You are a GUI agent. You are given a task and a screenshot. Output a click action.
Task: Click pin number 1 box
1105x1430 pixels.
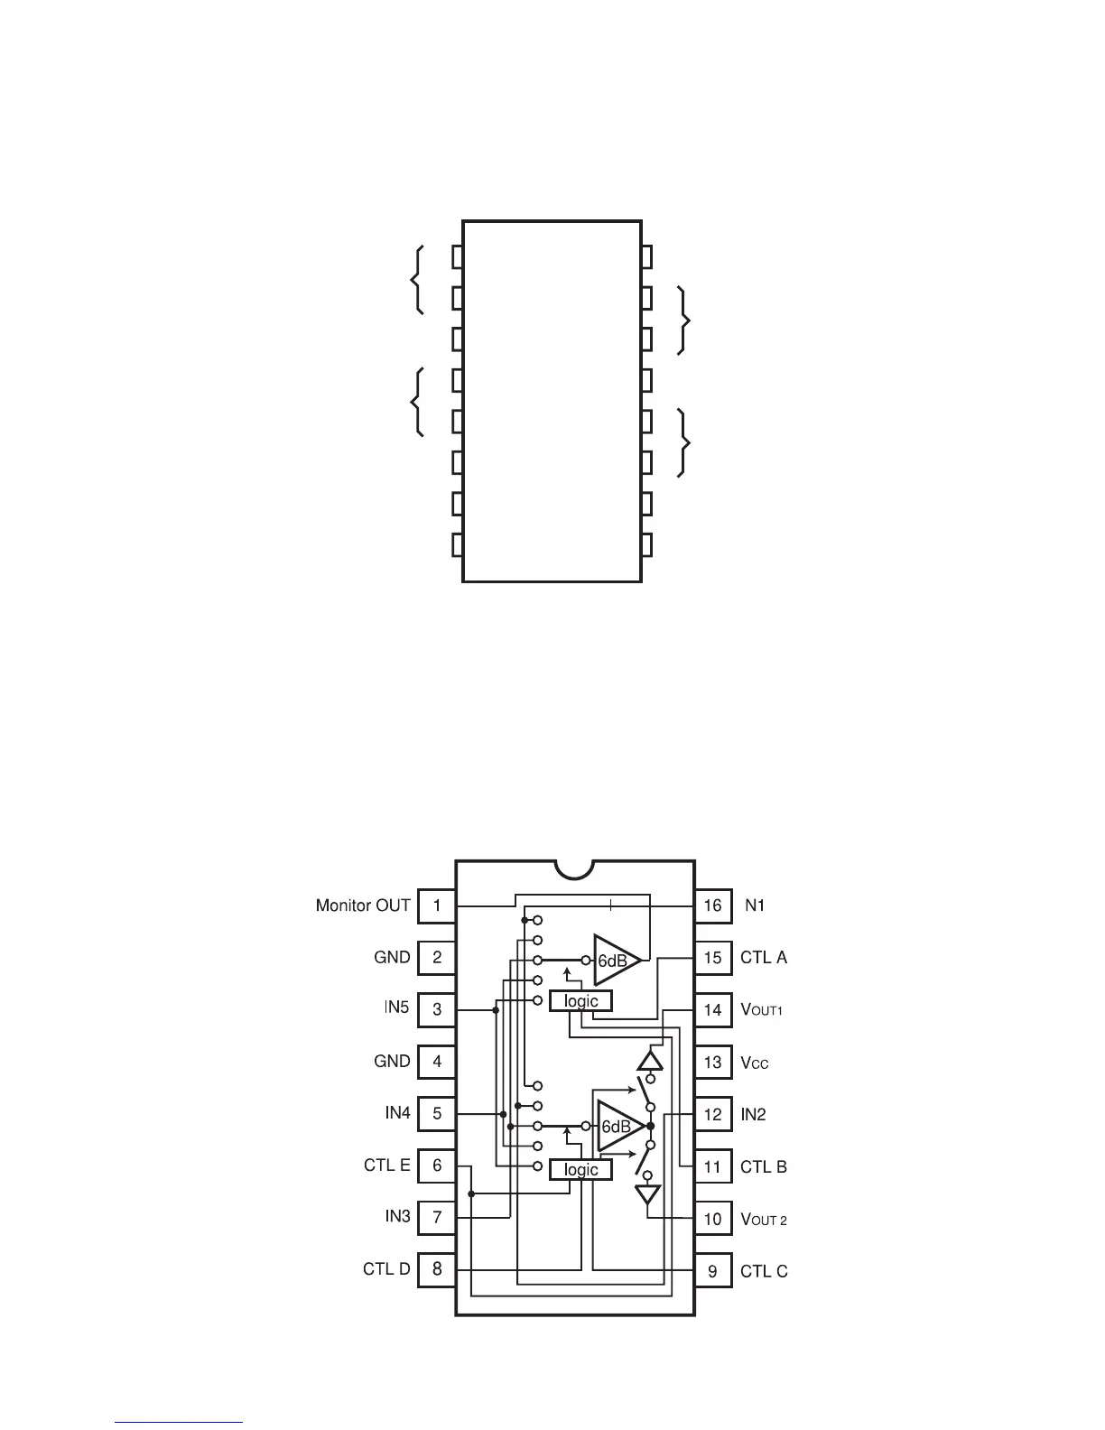[x=437, y=905]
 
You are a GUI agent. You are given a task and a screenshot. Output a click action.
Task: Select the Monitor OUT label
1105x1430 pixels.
[x=363, y=905]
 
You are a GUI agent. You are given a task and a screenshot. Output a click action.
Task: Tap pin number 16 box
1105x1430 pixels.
[x=712, y=905]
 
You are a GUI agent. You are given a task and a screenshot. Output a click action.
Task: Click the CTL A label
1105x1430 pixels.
[x=764, y=958]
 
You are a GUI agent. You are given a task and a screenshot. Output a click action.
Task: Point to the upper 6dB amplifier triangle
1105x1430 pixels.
[x=616, y=961]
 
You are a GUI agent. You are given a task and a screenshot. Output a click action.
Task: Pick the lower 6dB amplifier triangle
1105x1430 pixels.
[x=619, y=1127]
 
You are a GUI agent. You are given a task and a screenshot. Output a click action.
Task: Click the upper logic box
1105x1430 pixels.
[x=580, y=1001]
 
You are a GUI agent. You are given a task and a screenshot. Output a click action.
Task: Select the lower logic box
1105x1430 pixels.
[x=580, y=1170]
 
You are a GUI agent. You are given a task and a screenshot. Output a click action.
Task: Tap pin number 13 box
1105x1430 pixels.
[x=712, y=1063]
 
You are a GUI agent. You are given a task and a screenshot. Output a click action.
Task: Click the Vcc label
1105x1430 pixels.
[x=755, y=1063]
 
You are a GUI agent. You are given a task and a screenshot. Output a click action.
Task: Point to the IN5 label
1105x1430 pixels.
[x=396, y=1008]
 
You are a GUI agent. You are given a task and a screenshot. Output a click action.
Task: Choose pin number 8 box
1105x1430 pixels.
[x=437, y=1269]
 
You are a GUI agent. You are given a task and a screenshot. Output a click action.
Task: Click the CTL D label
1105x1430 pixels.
[x=386, y=1269]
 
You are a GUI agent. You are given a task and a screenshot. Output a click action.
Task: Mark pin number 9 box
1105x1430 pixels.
[x=712, y=1272]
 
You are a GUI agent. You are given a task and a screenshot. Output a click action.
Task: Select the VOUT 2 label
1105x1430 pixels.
[x=764, y=1220]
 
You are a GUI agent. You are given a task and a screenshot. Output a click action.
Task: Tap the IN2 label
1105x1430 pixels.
[x=753, y=1115]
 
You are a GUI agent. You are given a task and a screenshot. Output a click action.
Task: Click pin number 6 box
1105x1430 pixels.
[x=437, y=1165]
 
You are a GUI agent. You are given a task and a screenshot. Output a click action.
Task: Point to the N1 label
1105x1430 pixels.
[x=755, y=905]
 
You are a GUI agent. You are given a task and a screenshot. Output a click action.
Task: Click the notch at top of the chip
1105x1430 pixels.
[x=575, y=868]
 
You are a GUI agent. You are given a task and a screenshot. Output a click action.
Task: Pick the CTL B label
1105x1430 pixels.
[x=764, y=1167]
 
